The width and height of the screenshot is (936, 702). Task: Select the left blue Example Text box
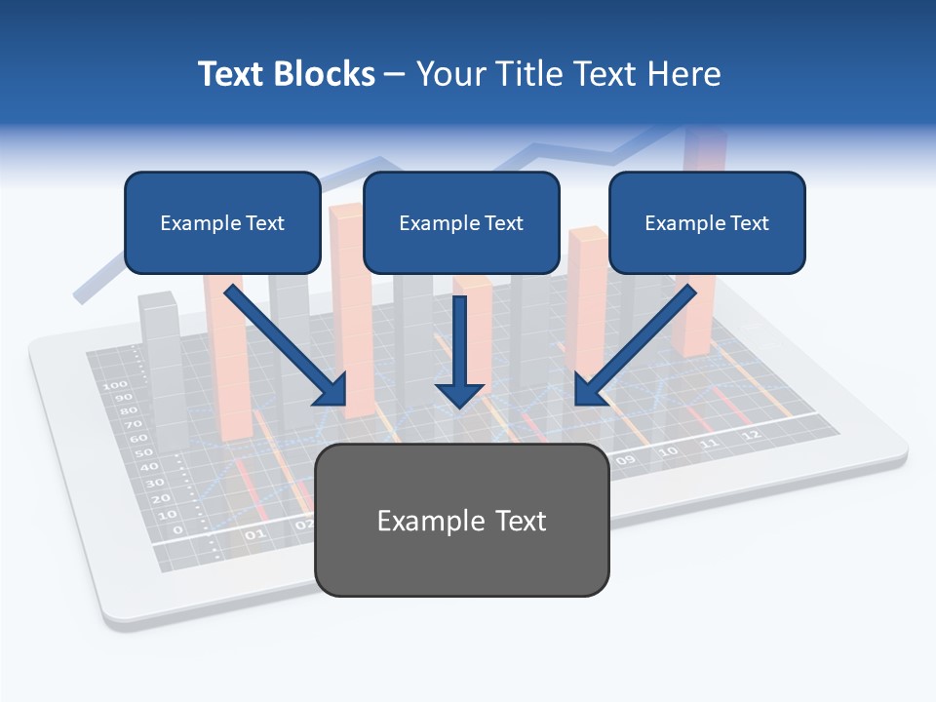tap(222, 222)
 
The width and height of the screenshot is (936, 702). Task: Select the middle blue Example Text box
tap(461, 222)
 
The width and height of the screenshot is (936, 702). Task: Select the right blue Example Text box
tap(707, 222)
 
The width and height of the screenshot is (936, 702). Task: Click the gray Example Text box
tap(461, 520)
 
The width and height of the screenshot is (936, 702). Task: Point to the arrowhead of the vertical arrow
tap(459, 395)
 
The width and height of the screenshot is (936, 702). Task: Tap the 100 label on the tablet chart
tap(115, 385)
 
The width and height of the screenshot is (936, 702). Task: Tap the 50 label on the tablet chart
tap(142, 453)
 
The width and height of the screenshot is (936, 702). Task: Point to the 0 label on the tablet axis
tap(176, 529)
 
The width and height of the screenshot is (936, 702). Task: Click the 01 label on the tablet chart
tap(254, 534)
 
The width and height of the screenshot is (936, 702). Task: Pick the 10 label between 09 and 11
tap(668, 451)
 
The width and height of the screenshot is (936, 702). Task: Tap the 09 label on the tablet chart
tap(625, 459)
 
